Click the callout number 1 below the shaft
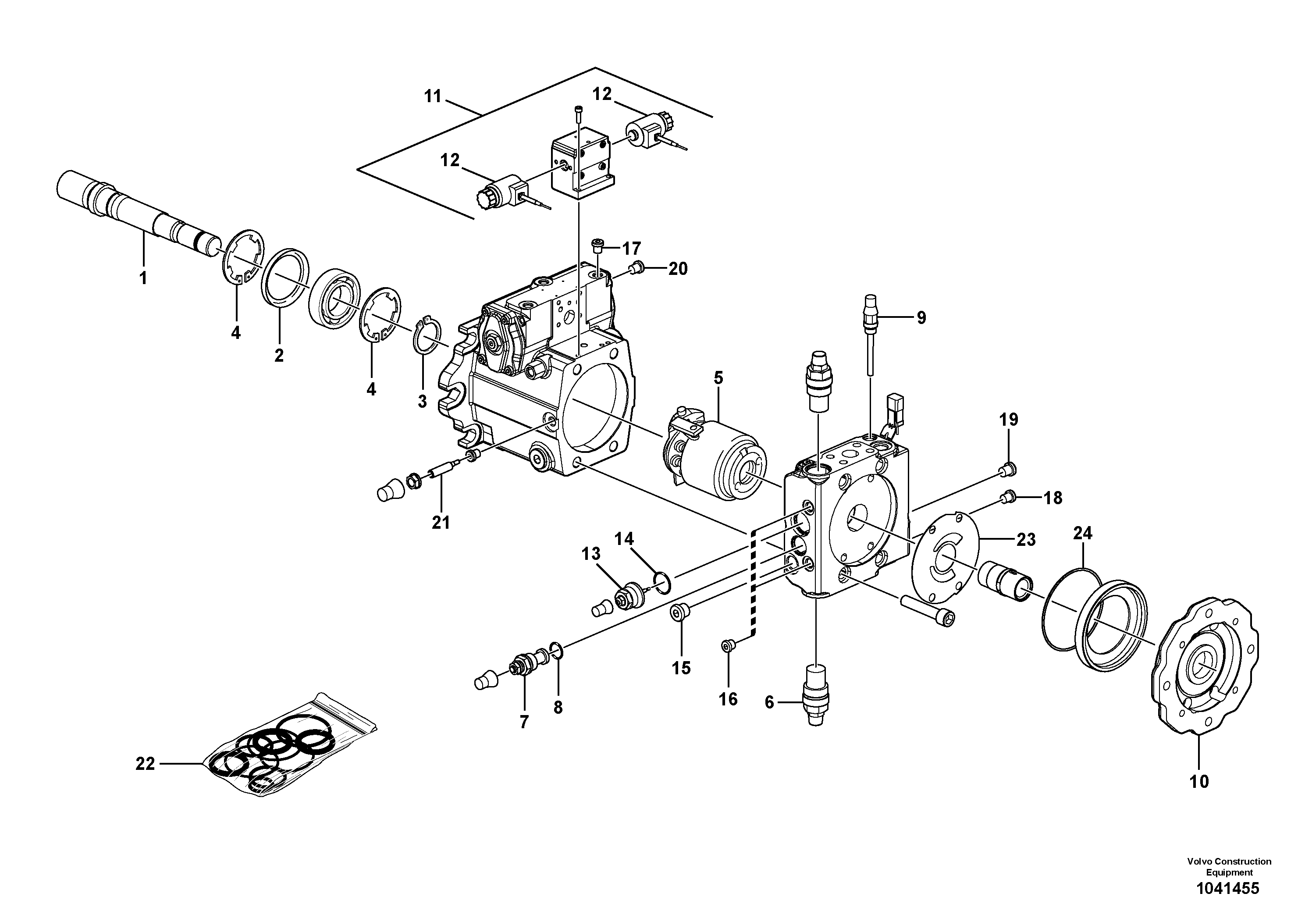(143, 278)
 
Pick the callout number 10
(1199, 782)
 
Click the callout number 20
(678, 268)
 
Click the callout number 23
(1026, 539)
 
